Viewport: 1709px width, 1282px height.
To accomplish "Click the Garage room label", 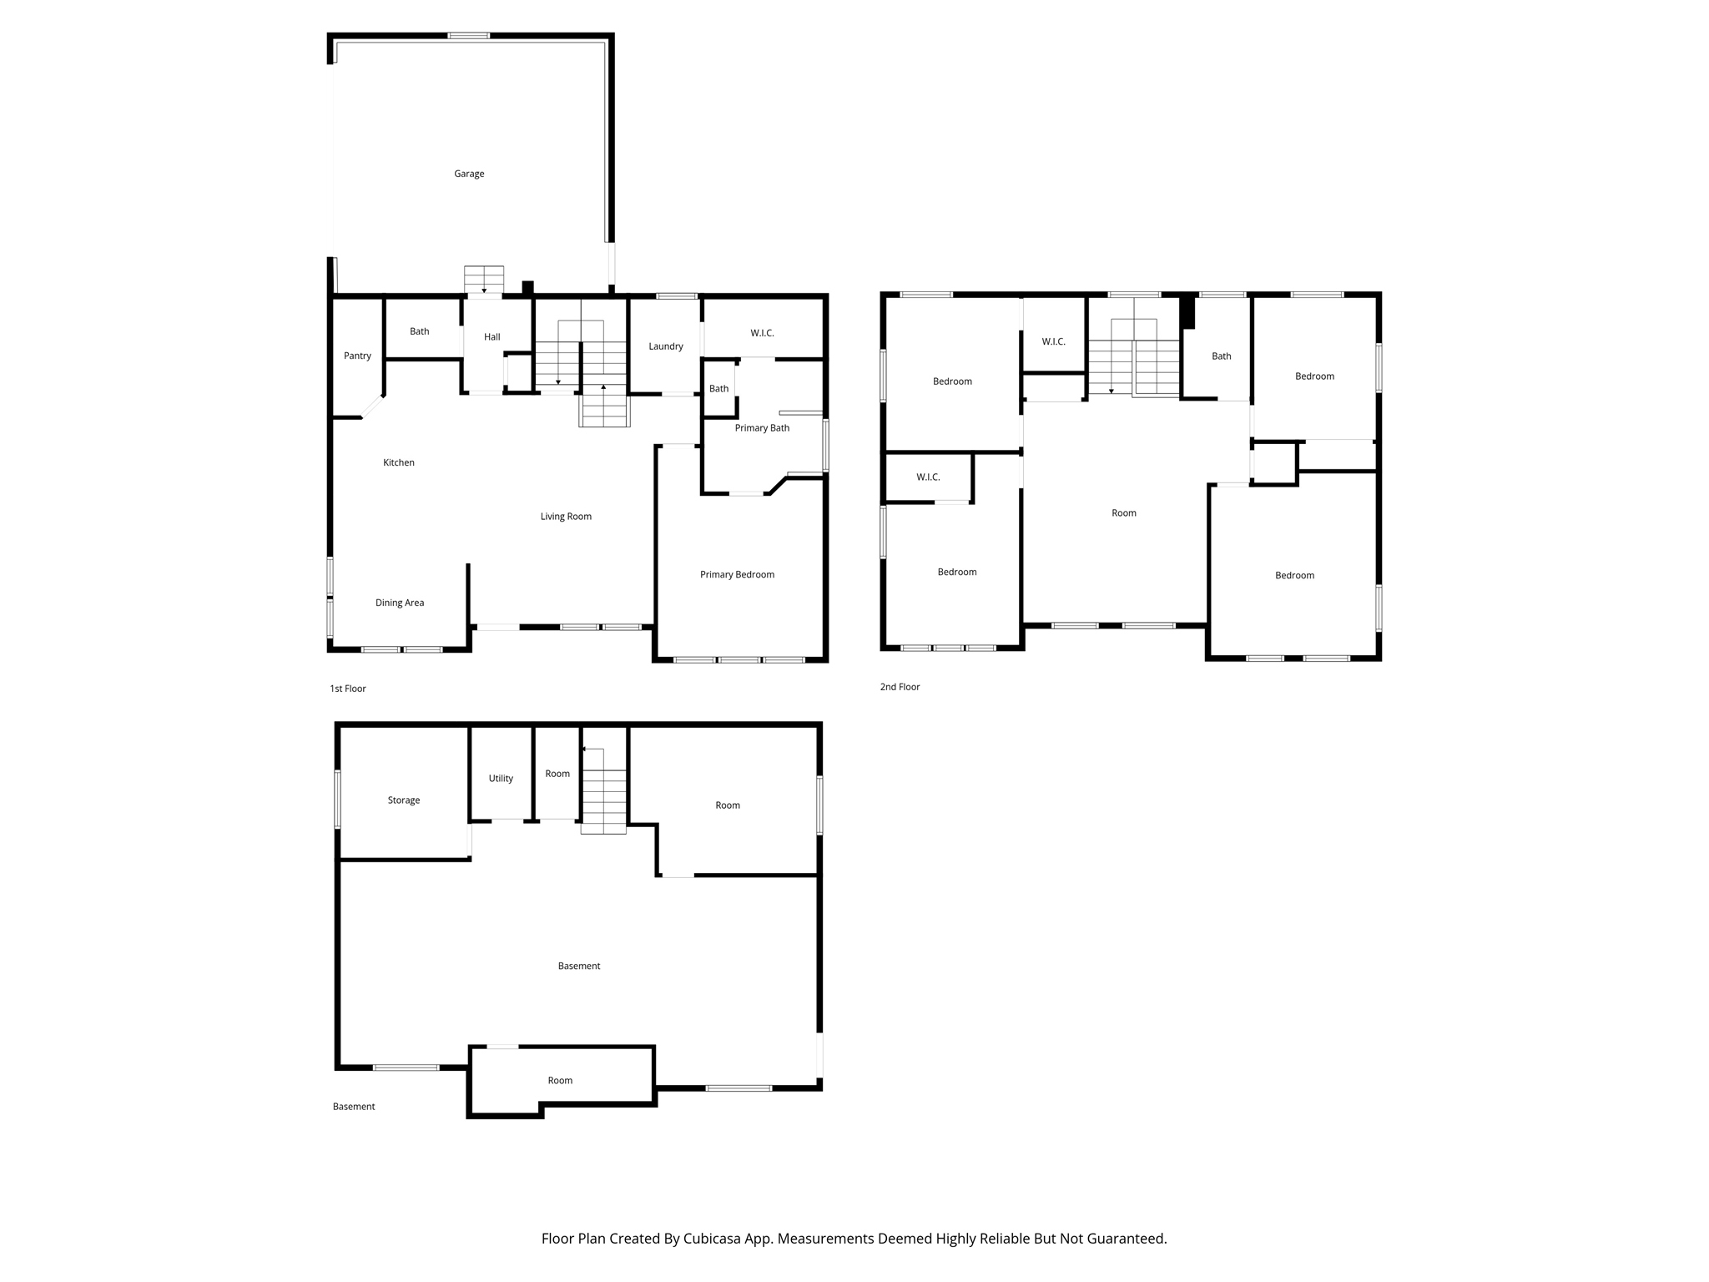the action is [469, 174].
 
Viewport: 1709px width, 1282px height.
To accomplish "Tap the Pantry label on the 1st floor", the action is [357, 356].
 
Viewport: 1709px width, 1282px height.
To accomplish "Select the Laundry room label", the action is [666, 346].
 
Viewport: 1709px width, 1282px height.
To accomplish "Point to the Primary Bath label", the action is [762, 428].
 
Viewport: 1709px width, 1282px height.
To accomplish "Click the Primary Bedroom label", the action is [737, 574].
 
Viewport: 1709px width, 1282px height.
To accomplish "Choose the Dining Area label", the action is [400, 603].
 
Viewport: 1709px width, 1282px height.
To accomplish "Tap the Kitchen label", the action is [399, 462].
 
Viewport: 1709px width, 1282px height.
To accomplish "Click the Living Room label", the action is [566, 517].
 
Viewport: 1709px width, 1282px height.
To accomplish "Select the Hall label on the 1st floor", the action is [492, 337].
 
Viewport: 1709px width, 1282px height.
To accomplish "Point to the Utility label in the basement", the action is [501, 779].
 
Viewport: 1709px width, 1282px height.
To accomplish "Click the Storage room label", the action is [404, 800].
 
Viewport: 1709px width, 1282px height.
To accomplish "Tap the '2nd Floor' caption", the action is [900, 687].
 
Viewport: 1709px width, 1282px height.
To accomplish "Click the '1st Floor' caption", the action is [348, 689].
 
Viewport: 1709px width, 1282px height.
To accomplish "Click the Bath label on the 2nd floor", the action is [1222, 356].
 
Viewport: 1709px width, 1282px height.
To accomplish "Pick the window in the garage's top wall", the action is [469, 36].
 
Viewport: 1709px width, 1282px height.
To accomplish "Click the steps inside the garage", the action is [484, 280].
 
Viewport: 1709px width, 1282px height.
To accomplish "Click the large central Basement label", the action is [579, 967].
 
